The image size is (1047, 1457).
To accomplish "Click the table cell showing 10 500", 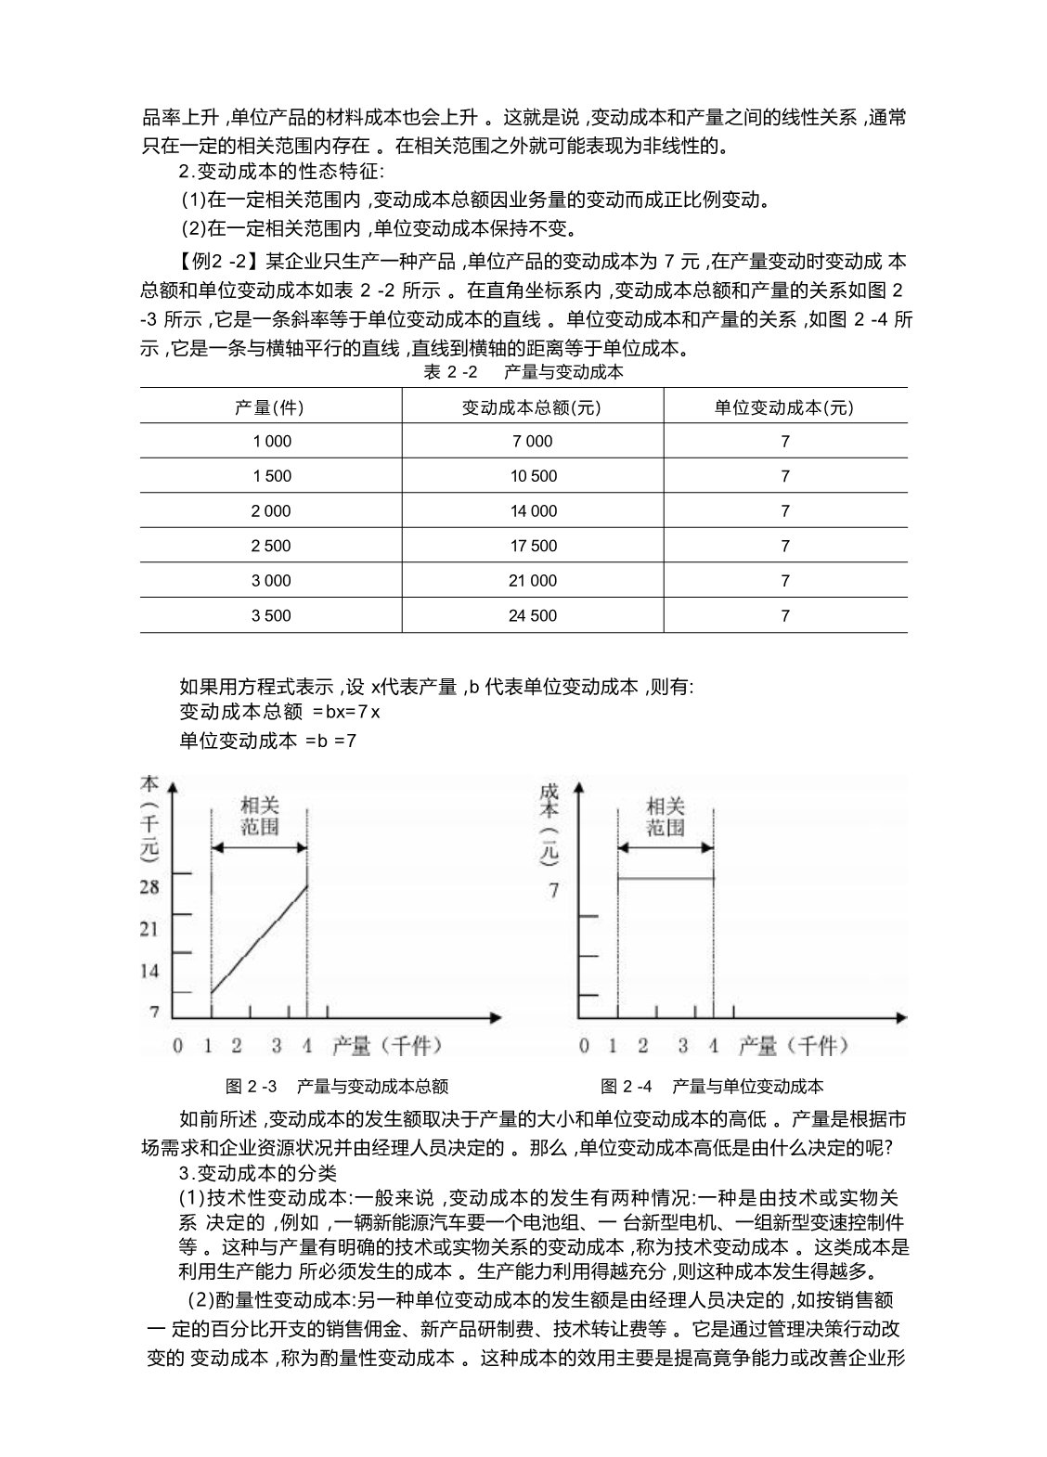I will pos(533,476).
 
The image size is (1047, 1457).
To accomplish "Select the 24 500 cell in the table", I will pos(533,615).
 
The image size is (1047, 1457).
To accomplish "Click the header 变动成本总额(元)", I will pos(533,406).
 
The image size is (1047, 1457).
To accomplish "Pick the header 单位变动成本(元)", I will pos(784,406).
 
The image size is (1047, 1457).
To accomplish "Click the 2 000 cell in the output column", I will pos(271,510).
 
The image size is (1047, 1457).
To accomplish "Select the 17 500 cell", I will pos(533,546).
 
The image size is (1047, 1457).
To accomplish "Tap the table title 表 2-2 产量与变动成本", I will pos(523,372).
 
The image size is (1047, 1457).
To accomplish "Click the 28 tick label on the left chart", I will pos(149,886).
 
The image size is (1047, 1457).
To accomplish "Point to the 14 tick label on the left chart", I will pos(149,971).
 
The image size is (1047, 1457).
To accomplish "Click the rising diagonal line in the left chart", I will pos(260,939).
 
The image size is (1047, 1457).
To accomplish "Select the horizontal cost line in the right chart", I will pos(666,878).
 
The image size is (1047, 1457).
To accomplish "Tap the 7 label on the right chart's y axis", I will pos(554,890).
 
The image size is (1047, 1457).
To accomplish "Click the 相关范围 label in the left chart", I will pos(259,816).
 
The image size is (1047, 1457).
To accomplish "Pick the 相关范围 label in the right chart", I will pos(666,816).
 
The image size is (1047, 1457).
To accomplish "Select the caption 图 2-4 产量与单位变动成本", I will pos(712,1086).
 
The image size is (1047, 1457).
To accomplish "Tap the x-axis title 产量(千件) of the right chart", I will pos(794,1046).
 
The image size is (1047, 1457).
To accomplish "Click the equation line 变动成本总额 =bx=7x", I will pos(279,712).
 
